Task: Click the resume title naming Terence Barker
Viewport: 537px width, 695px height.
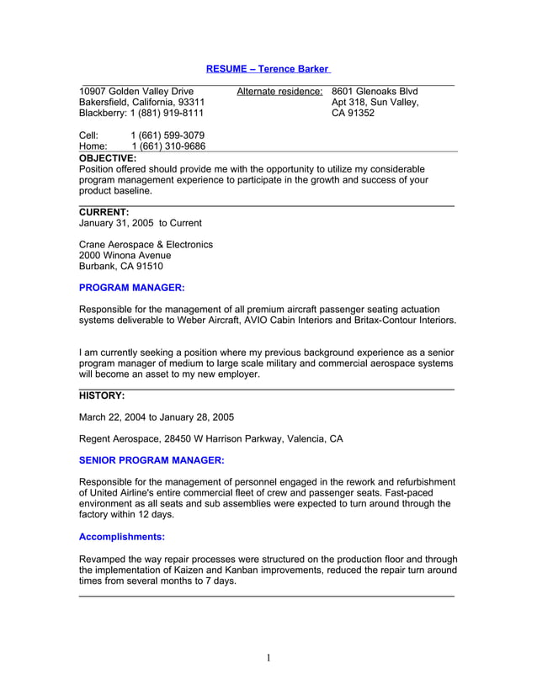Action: [x=268, y=68]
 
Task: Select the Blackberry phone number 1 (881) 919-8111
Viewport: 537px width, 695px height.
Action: [x=166, y=113]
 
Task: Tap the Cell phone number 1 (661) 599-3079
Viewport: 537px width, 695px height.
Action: [x=167, y=135]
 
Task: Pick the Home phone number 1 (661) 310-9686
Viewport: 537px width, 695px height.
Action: [x=167, y=146]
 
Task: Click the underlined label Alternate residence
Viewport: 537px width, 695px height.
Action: [x=279, y=91]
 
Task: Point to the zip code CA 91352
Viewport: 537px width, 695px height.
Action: [x=353, y=113]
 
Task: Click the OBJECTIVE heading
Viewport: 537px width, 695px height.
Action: [x=107, y=157]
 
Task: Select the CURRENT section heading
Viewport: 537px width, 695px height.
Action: [x=104, y=212]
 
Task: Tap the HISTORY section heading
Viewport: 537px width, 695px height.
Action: [x=102, y=395]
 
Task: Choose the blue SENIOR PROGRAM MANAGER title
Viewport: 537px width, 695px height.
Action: [x=152, y=460]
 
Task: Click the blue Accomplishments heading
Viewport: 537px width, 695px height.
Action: [x=121, y=536]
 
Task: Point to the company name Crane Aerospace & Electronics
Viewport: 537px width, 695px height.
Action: [x=146, y=245]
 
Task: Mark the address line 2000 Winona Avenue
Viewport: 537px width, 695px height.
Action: [x=125, y=256]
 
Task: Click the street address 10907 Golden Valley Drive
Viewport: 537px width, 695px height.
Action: [x=136, y=91]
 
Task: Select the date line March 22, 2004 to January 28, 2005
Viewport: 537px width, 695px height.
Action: [x=157, y=416]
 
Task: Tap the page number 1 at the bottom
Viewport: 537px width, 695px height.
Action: [x=268, y=657]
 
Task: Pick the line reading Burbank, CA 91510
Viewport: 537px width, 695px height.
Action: [x=120, y=267]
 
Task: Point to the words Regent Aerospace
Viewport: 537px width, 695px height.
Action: [x=120, y=438]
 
